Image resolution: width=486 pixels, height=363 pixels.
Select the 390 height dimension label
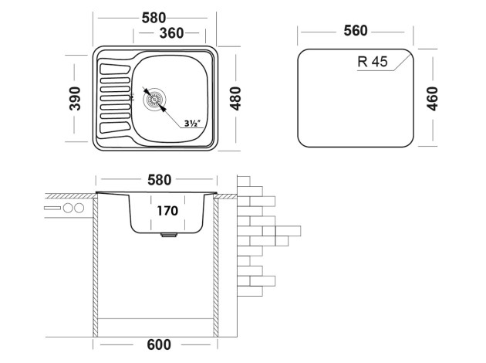[x=76, y=97]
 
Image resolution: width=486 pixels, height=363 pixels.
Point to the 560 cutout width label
[x=356, y=30]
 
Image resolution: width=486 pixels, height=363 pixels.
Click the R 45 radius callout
[x=373, y=63]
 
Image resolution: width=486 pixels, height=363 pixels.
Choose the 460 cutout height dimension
[x=432, y=98]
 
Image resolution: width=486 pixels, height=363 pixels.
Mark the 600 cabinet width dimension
[x=157, y=344]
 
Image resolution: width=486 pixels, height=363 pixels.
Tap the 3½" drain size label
[x=194, y=123]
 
